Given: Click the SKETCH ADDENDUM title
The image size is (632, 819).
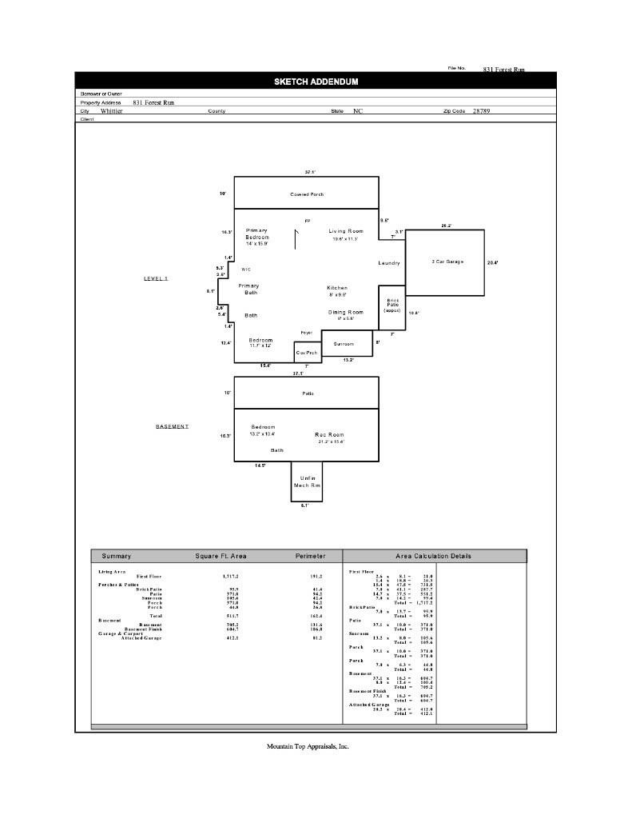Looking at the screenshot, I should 316,82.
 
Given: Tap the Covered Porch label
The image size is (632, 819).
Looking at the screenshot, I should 307,194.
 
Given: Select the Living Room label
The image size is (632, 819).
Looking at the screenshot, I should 345,231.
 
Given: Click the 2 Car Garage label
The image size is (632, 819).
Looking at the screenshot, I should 447,262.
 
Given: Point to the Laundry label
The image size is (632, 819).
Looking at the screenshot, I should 389,263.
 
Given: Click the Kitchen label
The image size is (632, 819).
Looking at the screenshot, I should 337,288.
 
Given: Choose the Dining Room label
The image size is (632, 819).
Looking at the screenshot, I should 346,312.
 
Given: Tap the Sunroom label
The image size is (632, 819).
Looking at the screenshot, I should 344,344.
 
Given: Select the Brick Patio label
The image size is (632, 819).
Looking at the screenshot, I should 392,305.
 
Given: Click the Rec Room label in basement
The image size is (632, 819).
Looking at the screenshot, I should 328,434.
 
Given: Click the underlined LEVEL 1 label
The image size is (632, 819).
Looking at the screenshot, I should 156,278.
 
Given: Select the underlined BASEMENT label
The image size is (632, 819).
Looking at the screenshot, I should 172,426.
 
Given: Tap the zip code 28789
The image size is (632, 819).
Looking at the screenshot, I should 481,111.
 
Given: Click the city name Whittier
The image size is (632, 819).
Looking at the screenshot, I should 112,111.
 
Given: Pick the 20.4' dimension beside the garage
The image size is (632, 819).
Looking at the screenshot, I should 492,262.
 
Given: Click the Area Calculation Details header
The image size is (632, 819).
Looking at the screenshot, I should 433,556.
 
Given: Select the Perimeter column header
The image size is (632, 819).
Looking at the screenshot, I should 311,556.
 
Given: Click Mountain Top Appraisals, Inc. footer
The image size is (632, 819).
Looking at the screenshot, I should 308,746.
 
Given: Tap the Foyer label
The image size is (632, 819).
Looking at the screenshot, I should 306,333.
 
